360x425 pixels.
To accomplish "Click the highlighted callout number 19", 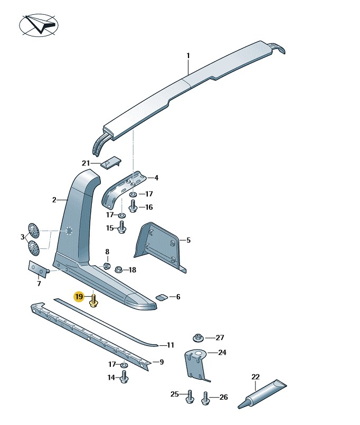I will click(x=79, y=297).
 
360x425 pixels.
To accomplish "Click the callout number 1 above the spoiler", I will click(x=187, y=55).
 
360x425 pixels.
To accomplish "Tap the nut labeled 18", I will click(x=119, y=269).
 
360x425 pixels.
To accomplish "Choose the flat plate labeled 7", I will click(x=35, y=268).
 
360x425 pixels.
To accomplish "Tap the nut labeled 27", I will click(x=198, y=337).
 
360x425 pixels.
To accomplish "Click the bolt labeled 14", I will click(x=125, y=378).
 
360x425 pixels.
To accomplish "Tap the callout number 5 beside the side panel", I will click(x=188, y=240).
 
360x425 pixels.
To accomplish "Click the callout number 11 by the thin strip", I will click(x=170, y=345).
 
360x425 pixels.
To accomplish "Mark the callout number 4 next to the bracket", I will click(x=156, y=178).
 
